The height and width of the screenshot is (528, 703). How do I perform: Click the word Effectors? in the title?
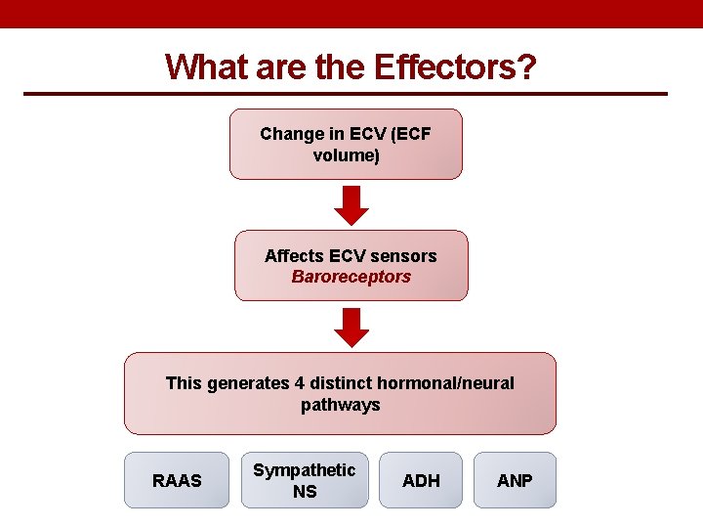click(454, 66)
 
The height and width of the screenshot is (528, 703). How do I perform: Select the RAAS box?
click(177, 480)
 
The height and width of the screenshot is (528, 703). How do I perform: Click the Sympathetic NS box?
click(305, 480)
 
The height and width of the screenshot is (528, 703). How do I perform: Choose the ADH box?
click(421, 480)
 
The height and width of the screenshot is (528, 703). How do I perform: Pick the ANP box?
click(515, 480)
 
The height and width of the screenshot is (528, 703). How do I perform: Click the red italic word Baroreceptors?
click(351, 277)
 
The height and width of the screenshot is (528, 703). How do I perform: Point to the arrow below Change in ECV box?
click(351, 205)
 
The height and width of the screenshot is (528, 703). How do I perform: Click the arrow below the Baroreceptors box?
click(351, 327)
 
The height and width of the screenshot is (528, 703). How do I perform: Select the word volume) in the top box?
click(346, 154)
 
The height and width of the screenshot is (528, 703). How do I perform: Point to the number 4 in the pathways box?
click(299, 383)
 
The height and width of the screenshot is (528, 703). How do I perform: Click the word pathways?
click(340, 404)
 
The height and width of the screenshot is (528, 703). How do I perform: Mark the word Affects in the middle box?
click(294, 256)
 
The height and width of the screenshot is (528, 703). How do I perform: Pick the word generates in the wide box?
click(248, 383)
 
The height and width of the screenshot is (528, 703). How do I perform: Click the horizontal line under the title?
click(345, 94)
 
